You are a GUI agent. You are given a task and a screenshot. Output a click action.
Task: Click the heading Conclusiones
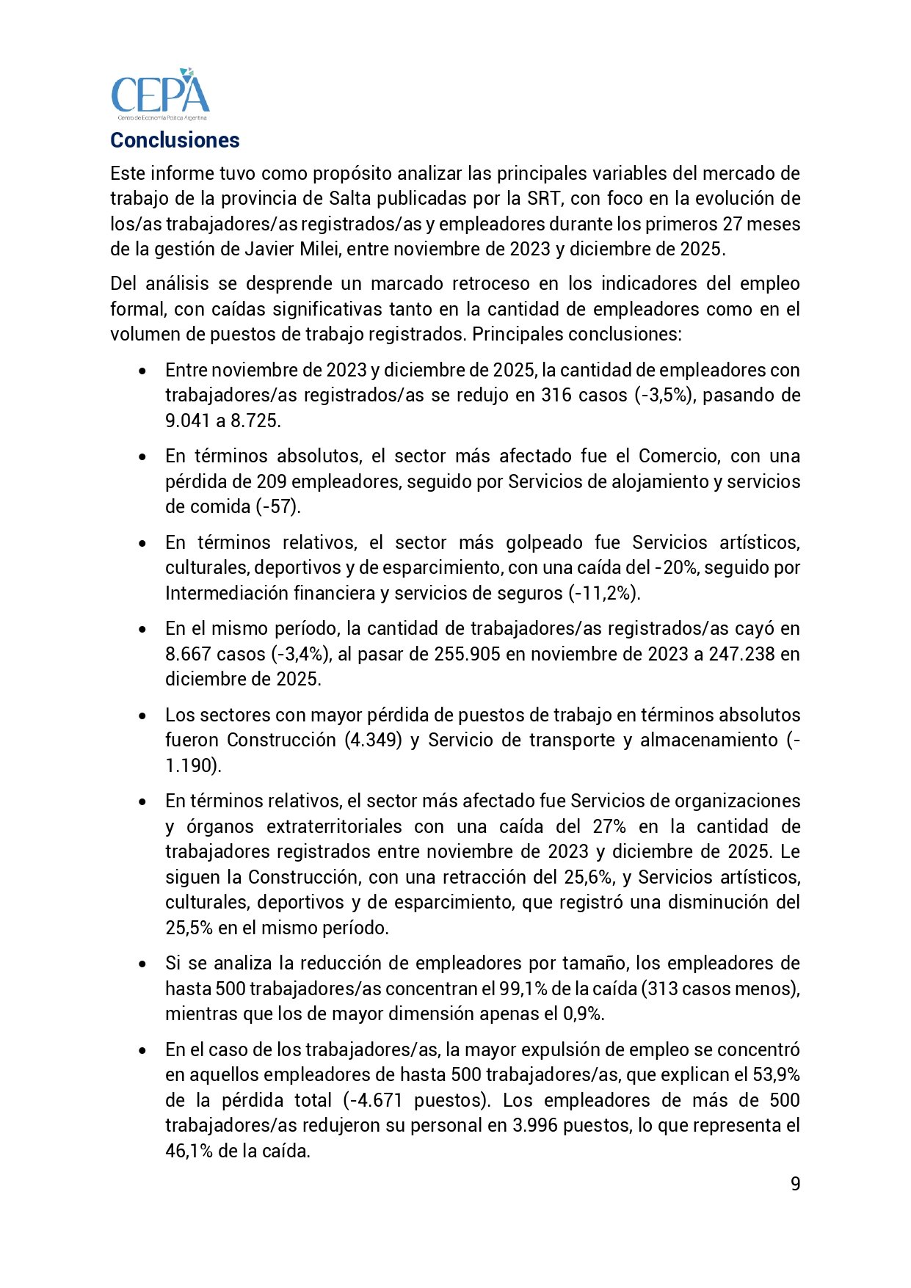pyautogui.click(x=175, y=140)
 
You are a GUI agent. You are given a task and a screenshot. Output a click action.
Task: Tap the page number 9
pyautogui.click(x=796, y=1184)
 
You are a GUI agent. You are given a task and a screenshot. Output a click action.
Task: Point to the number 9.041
pyautogui.click(x=188, y=421)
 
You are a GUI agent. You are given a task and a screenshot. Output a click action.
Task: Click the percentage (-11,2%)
pyautogui.click(x=605, y=593)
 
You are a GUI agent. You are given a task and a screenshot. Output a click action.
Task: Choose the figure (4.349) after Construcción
pyautogui.click(x=373, y=740)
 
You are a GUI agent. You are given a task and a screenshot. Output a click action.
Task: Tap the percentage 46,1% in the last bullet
pyautogui.click(x=189, y=1151)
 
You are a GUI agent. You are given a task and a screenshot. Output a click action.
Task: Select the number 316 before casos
pyautogui.click(x=556, y=395)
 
